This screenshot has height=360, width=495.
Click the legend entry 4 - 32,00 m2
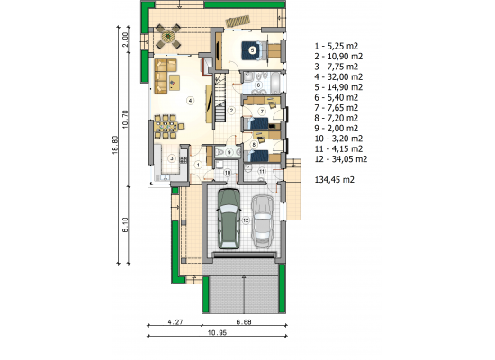point(338,76)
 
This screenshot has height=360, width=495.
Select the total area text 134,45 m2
point(334,180)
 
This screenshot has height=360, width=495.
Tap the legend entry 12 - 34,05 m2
point(341,159)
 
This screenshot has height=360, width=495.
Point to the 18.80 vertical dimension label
point(115,145)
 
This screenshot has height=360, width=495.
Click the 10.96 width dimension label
point(217,332)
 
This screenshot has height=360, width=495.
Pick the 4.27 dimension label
point(175,322)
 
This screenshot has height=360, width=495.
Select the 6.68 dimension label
point(244,322)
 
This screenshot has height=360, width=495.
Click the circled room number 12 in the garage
point(246,220)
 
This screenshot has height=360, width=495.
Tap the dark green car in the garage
point(229,219)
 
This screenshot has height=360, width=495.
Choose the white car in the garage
point(262,221)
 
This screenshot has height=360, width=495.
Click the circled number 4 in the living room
point(190,101)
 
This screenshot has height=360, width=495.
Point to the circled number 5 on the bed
point(252,49)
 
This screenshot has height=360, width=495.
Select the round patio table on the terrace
point(167,36)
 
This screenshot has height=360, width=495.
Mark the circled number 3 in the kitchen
point(172,158)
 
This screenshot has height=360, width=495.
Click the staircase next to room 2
point(220,98)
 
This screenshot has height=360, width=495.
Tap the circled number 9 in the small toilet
point(229,152)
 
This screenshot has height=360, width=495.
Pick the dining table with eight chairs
point(166,127)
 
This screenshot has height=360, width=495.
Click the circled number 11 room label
point(262,172)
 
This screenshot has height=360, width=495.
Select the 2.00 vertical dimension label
point(125,40)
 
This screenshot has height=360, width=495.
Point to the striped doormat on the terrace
point(238,22)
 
